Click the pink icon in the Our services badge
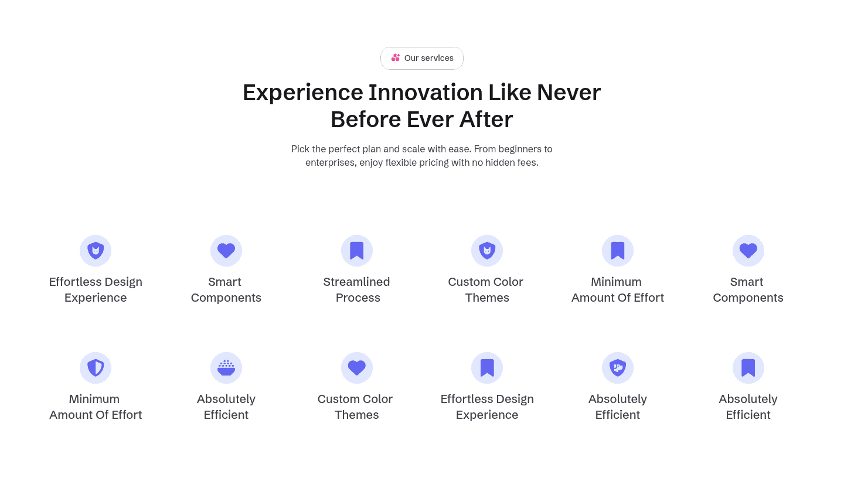tap(395, 57)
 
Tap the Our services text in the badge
tap(429, 58)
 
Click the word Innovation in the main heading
tap(426, 92)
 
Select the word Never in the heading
tap(569, 92)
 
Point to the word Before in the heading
tap(366, 120)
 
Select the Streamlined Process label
tap(357, 289)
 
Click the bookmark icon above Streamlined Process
tap(357, 250)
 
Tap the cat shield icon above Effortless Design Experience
tap(96, 250)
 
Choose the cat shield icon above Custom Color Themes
tap(487, 250)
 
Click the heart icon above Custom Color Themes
tap(357, 367)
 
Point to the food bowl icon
tap(226, 368)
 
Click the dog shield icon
tap(618, 367)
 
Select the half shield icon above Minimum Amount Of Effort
tap(96, 367)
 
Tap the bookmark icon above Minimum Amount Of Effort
tap(618, 250)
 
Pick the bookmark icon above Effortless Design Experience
tap(487, 367)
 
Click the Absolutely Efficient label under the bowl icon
tap(226, 407)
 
